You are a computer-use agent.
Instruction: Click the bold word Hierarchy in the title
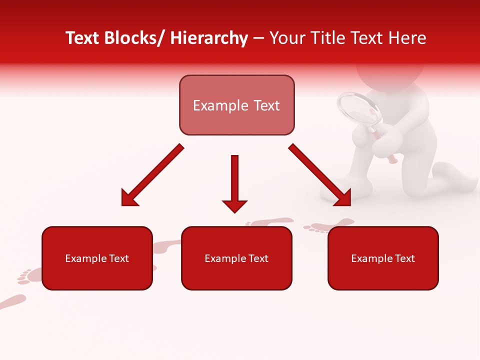(x=209, y=38)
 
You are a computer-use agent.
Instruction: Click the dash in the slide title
(x=258, y=39)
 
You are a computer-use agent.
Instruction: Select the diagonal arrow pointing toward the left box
(x=152, y=175)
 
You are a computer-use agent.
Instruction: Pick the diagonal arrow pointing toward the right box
(x=320, y=175)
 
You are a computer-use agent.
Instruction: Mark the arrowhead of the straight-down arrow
(x=234, y=205)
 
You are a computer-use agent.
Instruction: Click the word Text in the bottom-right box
(x=404, y=258)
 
